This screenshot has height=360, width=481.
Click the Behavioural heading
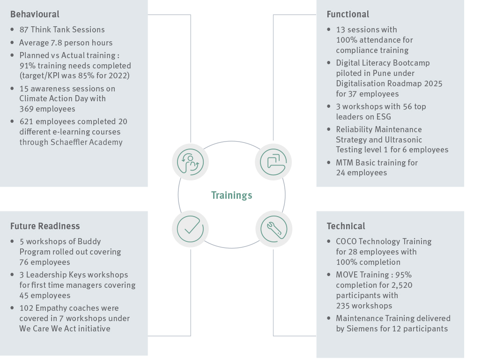35,15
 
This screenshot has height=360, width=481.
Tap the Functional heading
348,15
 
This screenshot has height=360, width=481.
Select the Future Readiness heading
45,226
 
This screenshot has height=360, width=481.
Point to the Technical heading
346,226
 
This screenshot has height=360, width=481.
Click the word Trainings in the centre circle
231,195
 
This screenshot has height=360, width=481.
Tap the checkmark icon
191,229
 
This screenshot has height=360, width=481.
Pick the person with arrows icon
191,162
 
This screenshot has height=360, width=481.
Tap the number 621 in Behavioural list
26,121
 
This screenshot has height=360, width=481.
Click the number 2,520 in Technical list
400,285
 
